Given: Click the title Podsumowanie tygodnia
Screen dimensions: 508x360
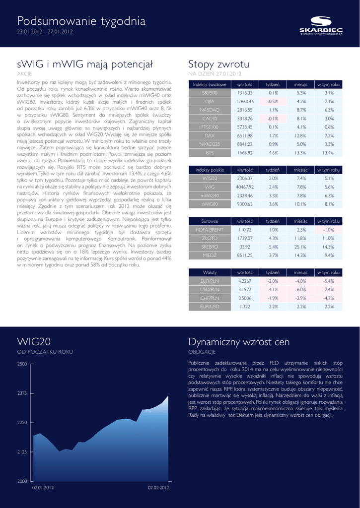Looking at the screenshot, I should point(81,21).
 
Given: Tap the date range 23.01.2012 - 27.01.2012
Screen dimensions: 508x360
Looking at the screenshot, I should point(45,32).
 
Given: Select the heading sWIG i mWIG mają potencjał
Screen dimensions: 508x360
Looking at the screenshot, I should point(85,64).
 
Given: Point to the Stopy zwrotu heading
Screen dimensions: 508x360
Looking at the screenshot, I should point(219,64).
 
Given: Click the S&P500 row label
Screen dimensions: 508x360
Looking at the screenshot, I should point(210,93).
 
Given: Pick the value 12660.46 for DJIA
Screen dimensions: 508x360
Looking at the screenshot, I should point(245,101).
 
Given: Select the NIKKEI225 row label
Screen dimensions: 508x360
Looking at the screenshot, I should point(210,144).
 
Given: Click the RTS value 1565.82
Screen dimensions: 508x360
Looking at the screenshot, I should point(245,153).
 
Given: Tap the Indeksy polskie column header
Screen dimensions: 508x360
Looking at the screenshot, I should point(210,170).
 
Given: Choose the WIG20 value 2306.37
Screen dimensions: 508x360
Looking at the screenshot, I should point(245,178).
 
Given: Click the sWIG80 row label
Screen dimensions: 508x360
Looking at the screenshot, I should point(210,204).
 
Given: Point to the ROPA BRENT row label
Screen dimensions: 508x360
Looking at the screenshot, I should point(210,230).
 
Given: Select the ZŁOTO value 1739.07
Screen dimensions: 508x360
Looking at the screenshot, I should point(245,238).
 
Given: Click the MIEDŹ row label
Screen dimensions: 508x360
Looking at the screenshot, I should point(210,255).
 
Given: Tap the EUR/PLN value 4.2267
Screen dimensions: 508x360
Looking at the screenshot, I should point(245,281).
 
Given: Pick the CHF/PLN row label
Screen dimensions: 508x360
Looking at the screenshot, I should point(210,298).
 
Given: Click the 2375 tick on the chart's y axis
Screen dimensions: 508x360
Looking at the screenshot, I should point(22,393).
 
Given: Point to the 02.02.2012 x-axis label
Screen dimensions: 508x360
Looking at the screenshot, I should point(158,488).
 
